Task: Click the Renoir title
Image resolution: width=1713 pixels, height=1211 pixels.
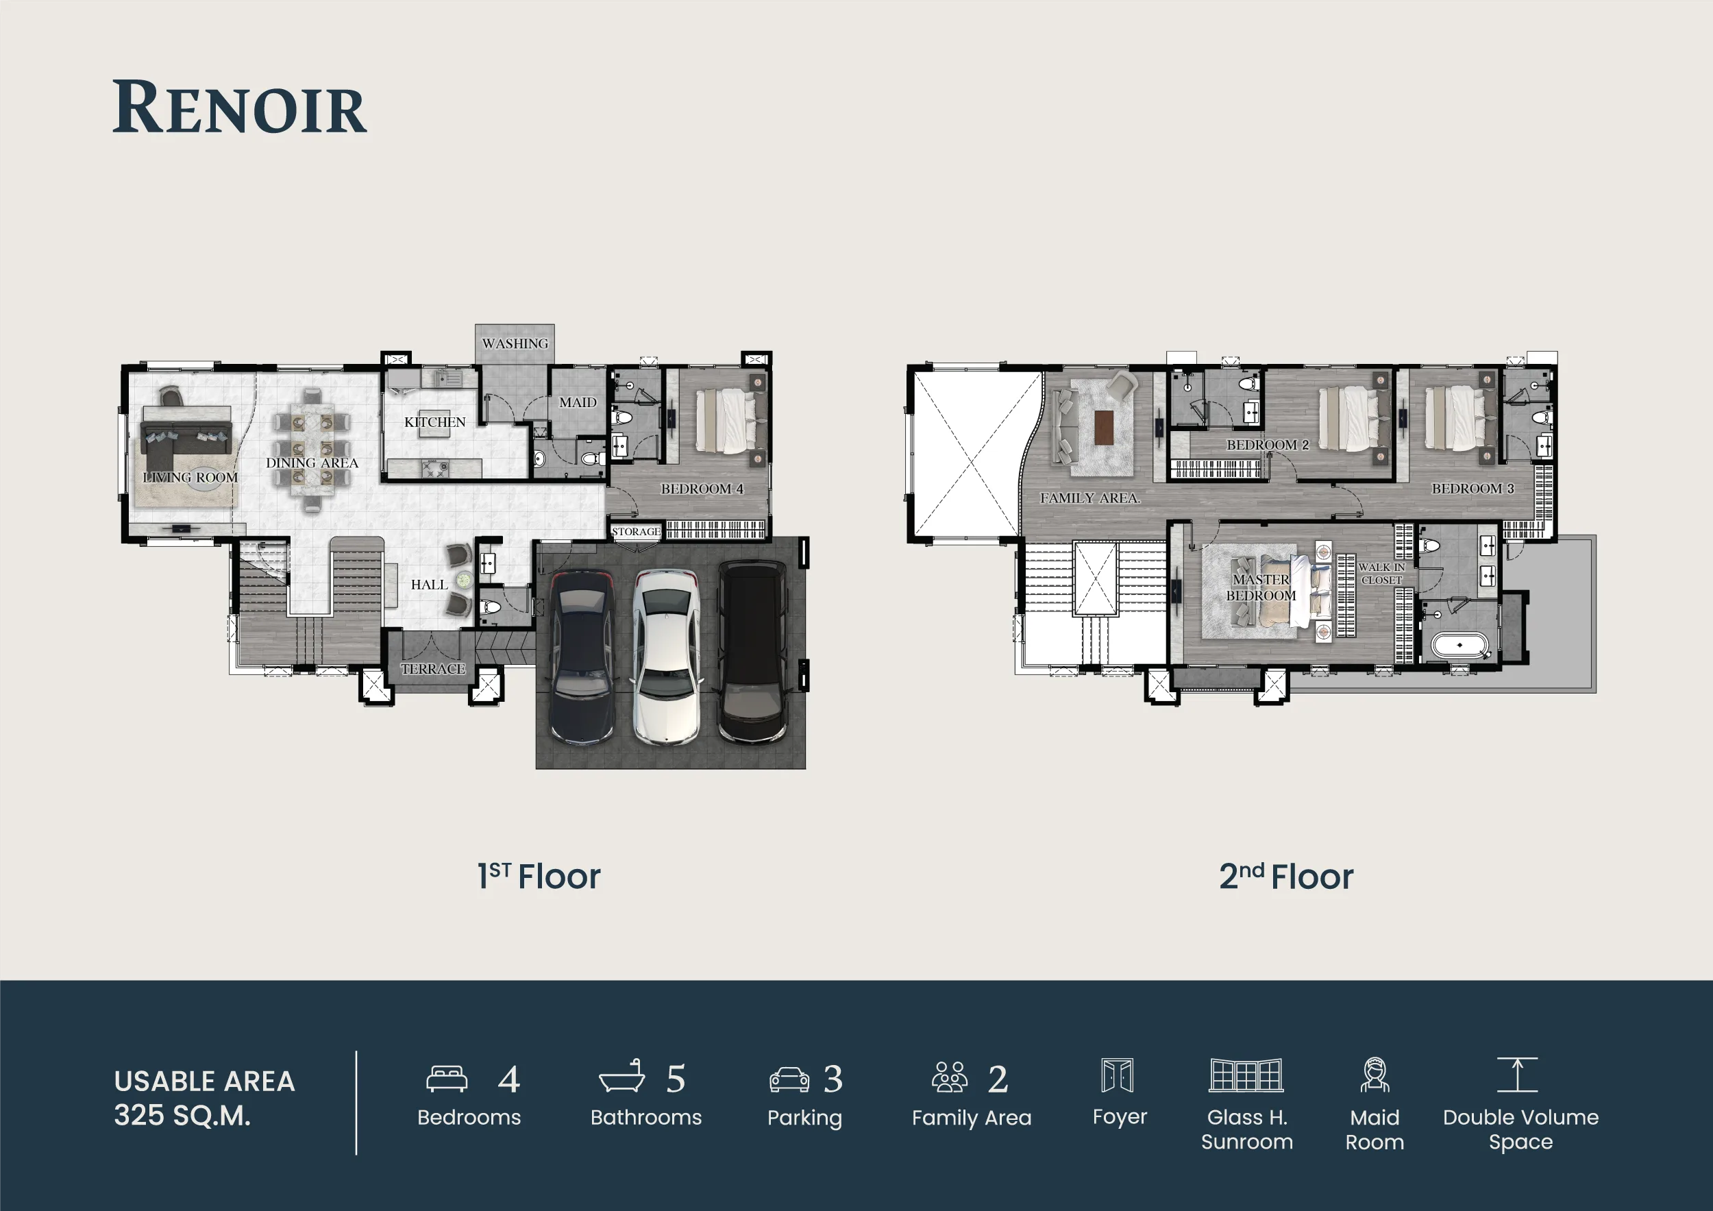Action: pyautogui.click(x=240, y=108)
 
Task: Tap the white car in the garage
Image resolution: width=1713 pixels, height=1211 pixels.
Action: pyautogui.click(x=666, y=657)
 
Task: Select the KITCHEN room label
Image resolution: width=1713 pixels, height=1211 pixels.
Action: pyautogui.click(x=435, y=422)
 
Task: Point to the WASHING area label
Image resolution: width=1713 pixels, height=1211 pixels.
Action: pyautogui.click(x=515, y=344)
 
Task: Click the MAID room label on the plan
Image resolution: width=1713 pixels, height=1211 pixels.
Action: pyautogui.click(x=578, y=402)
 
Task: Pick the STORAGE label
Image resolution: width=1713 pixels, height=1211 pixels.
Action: pyautogui.click(x=636, y=531)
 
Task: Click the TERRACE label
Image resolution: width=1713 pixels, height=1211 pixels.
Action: pyautogui.click(x=433, y=668)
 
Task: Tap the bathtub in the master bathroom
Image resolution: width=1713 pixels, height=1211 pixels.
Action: pyautogui.click(x=1459, y=645)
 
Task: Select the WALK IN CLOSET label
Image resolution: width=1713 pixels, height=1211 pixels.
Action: pyautogui.click(x=1382, y=573)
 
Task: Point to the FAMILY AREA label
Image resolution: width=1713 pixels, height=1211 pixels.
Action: pyautogui.click(x=1090, y=498)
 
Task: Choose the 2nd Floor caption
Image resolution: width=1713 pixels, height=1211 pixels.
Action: pyautogui.click(x=1286, y=876)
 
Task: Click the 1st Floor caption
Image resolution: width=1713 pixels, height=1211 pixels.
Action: pyautogui.click(x=539, y=876)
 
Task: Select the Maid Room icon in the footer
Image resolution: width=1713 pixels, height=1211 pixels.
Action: pyautogui.click(x=1375, y=1075)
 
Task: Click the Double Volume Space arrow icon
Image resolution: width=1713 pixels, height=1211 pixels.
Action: pyautogui.click(x=1518, y=1075)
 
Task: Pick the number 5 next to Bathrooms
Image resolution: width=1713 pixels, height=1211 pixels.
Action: pyautogui.click(x=676, y=1079)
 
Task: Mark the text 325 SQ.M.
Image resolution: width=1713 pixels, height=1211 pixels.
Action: pyautogui.click(x=182, y=1116)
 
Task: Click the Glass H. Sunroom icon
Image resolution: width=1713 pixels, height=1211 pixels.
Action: pyautogui.click(x=1246, y=1075)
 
